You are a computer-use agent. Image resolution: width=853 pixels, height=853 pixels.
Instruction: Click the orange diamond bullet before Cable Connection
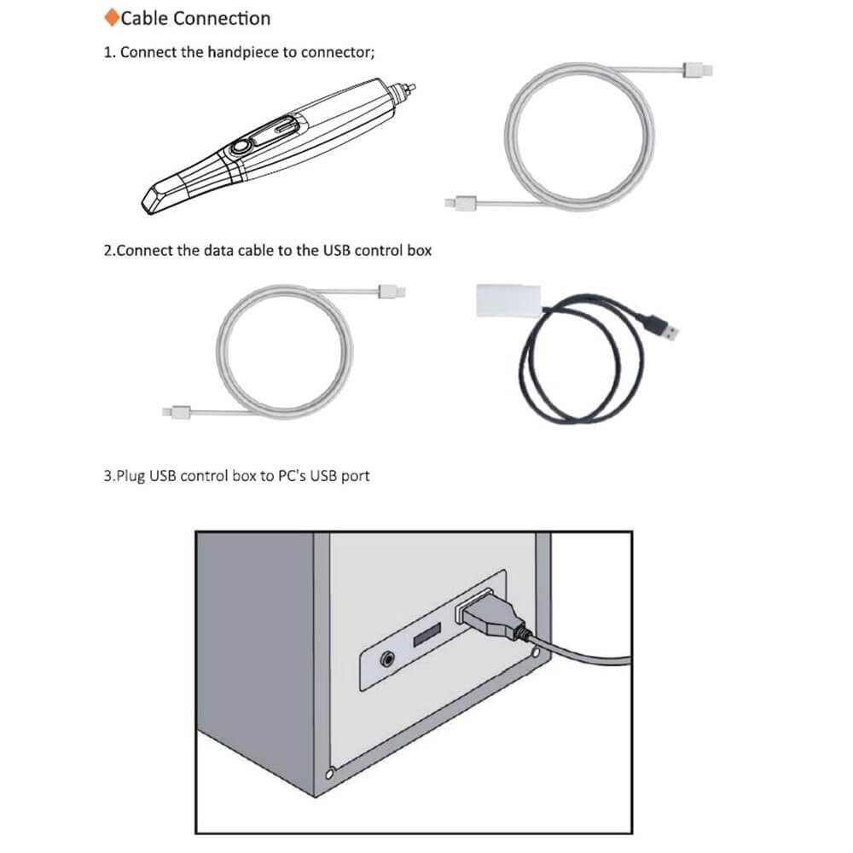[112, 17]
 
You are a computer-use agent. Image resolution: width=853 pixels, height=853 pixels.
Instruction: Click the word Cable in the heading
[144, 19]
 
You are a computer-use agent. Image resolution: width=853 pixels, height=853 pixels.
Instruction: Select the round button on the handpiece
[240, 148]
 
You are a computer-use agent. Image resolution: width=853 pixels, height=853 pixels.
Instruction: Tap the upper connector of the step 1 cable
[697, 70]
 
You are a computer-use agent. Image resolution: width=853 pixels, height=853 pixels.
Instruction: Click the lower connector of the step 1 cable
[461, 204]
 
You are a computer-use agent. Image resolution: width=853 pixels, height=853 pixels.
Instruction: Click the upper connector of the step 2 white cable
[392, 292]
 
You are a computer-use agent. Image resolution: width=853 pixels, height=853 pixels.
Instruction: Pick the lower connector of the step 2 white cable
[177, 412]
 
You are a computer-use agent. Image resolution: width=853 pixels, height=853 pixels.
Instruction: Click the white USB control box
[508, 300]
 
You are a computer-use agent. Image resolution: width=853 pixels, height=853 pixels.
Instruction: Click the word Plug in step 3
[131, 477]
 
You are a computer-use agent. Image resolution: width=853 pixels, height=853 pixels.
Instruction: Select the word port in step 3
[355, 477]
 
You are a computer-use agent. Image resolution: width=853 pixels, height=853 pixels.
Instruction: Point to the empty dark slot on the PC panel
[427, 635]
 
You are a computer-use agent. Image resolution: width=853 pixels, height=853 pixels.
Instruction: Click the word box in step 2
[418, 251]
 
